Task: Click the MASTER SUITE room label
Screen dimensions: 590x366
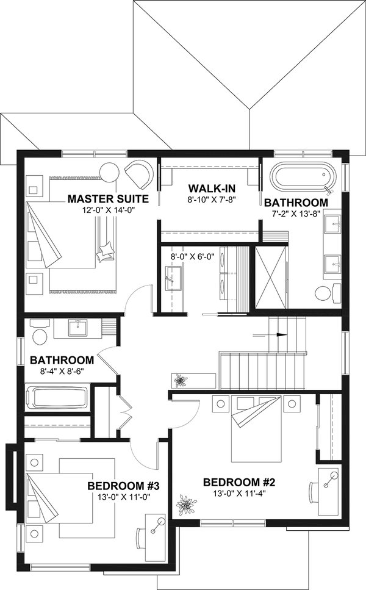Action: point(109,199)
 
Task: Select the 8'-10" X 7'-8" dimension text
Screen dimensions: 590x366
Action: point(210,199)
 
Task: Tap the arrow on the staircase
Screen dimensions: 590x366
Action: point(278,334)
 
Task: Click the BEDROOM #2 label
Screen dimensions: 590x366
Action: point(240,482)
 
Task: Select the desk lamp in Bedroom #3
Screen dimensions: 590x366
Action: point(160,522)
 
